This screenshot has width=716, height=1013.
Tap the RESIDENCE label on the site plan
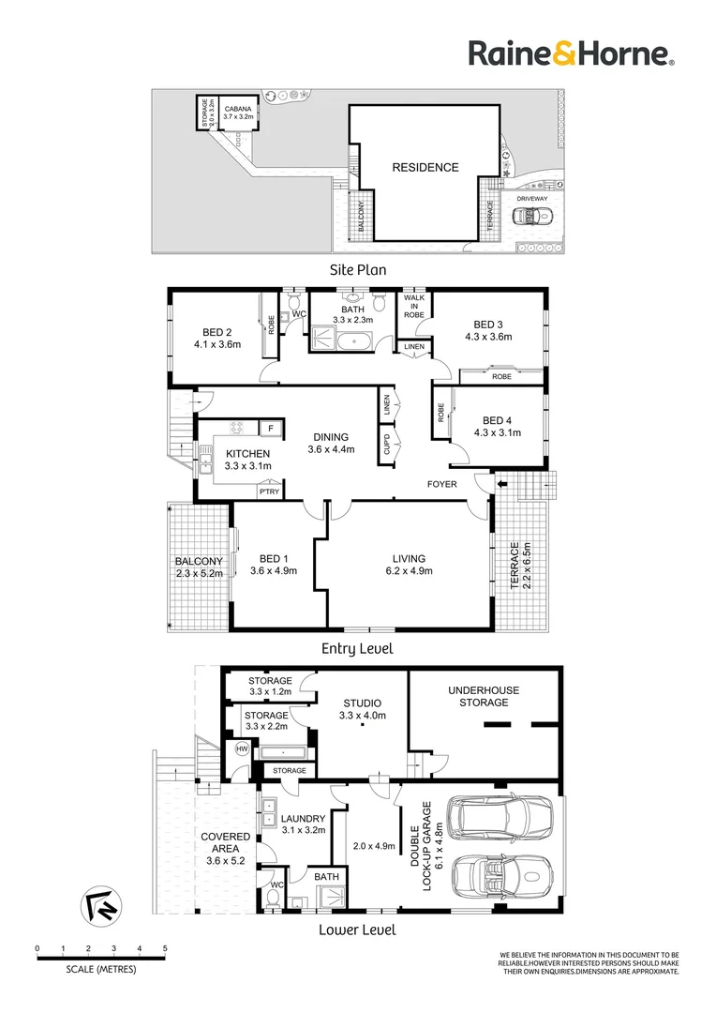point(425,168)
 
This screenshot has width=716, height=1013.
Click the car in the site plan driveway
point(531,217)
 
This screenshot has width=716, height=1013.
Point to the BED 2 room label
point(216,339)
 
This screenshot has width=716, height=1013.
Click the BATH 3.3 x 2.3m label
point(354,314)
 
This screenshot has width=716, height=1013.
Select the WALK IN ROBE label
point(413,307)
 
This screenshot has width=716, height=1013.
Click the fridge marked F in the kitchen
point(271,429)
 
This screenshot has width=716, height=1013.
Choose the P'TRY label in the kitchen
point(271,491)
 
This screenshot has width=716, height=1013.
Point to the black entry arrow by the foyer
point(501,484)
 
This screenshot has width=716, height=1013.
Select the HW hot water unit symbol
point(242,748)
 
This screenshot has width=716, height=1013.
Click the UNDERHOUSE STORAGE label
point(484,696)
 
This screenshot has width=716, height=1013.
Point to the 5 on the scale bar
point(165,949)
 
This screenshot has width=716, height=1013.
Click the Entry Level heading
point(357,648)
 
